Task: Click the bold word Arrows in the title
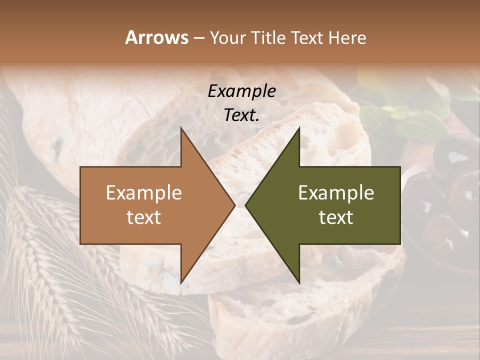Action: [x=156, y=37]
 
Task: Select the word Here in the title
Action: [x=347, y=37]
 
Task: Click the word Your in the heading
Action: [x=227, y=38]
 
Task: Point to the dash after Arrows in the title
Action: [x=198, y=38]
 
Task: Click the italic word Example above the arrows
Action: [x=241, y=91]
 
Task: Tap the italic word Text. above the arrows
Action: [x=241, y=115]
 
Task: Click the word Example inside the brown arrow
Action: [x=143, y=193]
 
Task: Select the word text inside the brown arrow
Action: [x=143, y=217]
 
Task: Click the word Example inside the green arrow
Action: [x=336, y=193]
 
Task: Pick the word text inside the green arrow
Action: [x=336, y=217]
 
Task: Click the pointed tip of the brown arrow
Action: [x=234, y=205]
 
